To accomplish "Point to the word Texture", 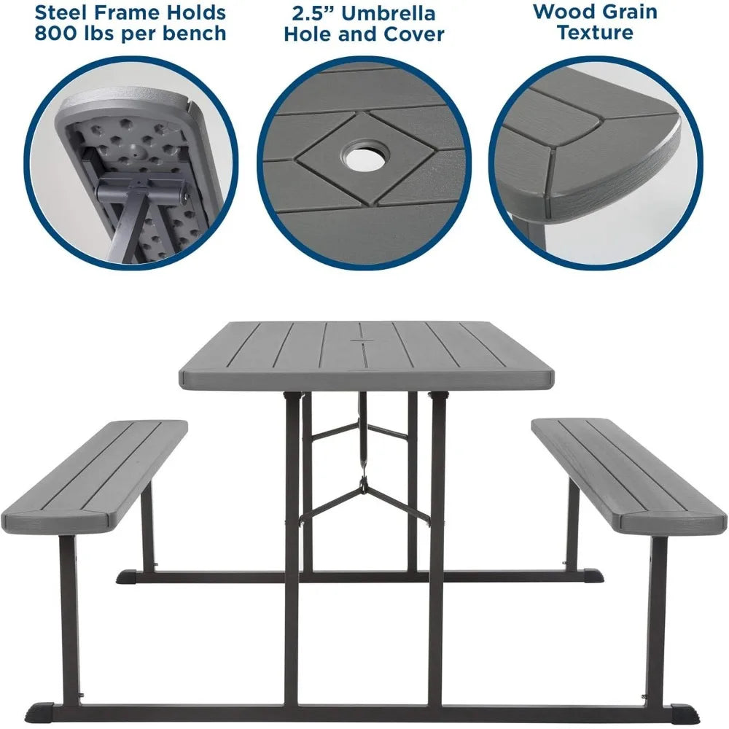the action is (595, 33).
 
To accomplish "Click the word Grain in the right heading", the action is (628, 12).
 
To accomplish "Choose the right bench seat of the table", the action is (630, 477).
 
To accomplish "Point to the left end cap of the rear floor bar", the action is (126, 577).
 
